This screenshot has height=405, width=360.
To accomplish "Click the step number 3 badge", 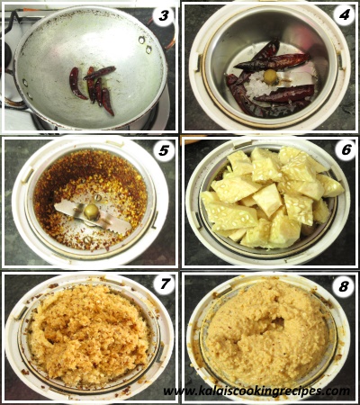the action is tap(164, 16).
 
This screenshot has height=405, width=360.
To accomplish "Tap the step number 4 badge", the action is tap(344, 15).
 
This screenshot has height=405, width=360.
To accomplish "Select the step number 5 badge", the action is tap(164, 151).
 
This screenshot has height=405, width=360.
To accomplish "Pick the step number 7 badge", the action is tap(164, 283).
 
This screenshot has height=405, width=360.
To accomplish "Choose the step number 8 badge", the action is tap(344, 287).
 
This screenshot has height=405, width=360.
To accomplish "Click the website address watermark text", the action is tap(256, 391).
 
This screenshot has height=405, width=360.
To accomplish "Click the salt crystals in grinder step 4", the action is tap(264, 85).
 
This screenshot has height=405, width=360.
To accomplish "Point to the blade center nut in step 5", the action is tap(92, 212).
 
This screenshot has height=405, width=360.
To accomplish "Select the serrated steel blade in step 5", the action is tap(93, 216).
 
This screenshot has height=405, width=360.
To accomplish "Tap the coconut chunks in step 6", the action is tap(272, 196).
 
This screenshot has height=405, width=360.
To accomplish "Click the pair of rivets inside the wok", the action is tap(145, 44).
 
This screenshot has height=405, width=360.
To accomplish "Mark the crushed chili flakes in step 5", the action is tap(90, 192).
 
